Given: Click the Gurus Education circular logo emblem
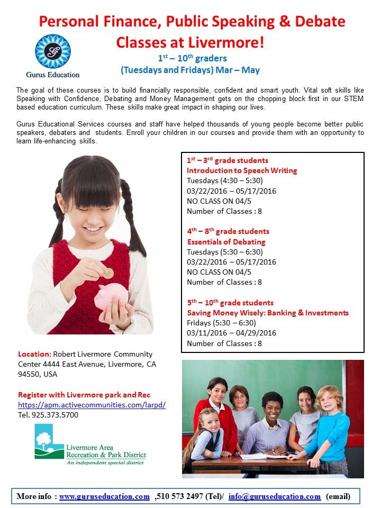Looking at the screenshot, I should tap(53, 51).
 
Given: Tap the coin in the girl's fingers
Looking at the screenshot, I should tap(108, 273).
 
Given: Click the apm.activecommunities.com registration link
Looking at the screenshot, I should tap(92, 405).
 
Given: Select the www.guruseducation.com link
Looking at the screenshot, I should tap(104, 496).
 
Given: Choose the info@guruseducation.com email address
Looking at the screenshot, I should tap(274, 496).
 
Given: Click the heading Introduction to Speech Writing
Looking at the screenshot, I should tap(242, 170).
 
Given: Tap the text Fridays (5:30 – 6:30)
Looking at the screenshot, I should tap(221, 323).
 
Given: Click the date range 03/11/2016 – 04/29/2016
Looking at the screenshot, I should tap(231, 333).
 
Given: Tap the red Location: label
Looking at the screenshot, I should tap(35, 354).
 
